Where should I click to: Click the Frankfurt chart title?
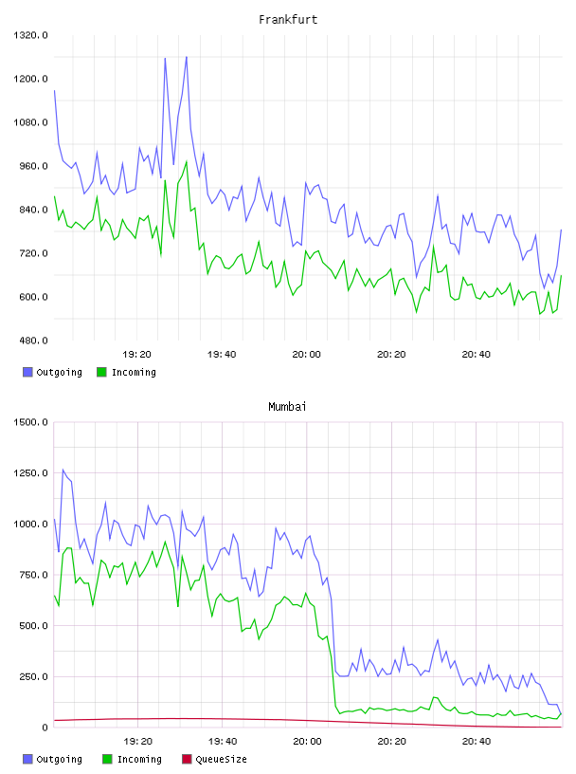288,20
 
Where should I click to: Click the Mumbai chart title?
287,407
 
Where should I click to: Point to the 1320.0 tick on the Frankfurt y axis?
30,35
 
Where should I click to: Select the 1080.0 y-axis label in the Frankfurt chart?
30,122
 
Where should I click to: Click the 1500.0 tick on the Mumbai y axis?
30,422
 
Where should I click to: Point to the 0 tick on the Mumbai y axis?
45,728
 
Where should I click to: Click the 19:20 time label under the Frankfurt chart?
136,355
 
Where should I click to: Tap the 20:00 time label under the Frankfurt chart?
306,355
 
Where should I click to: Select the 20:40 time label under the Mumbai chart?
477,742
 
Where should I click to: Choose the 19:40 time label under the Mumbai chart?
223,742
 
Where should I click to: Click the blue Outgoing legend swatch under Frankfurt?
27,372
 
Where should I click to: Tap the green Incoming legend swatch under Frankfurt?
101,372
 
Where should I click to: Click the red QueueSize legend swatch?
187,759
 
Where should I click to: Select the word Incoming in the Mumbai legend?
139,759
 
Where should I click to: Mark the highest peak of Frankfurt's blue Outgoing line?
187,57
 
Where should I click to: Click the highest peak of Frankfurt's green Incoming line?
187,161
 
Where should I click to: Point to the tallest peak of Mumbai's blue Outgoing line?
63,470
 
